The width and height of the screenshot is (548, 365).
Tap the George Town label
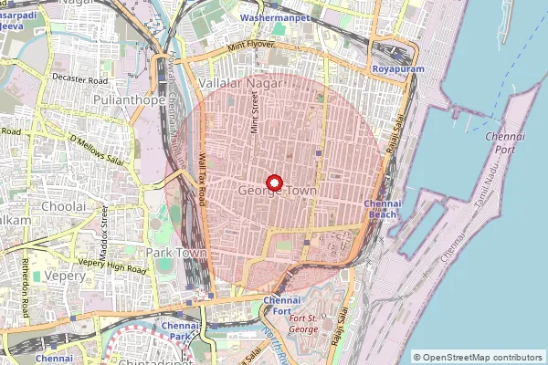coord(275,192)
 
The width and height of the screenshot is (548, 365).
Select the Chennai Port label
coord(504,141)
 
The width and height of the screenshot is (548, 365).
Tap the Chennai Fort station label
coord(281,306)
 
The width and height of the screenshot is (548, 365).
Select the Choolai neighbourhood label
coord(63,207)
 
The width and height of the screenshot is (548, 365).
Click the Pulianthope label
coord(127,97)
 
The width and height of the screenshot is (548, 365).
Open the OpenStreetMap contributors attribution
coord(479,357)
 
